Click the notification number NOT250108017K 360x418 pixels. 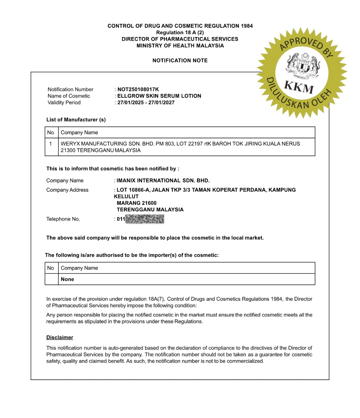click(138, 89)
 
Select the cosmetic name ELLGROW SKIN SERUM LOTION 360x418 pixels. click(159, 96)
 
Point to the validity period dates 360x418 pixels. click(146, 103)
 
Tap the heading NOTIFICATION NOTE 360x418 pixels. click(180, 60)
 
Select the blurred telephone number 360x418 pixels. click(145, 219)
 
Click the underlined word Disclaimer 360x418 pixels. click(60, 337)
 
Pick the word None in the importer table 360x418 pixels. click(67, 279)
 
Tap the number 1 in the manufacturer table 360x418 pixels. click(51, 143)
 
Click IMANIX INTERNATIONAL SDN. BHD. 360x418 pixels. click(163, 180)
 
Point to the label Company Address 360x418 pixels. click(67, 190)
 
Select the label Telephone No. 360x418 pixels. click(63, 219)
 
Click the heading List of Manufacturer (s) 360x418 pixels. click(76, 120)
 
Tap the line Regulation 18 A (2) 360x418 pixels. click(180, 33)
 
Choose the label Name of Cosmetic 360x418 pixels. click(69, 96)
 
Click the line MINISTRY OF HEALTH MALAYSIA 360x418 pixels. click(180, 46)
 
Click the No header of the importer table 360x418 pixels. click(51, 268)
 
